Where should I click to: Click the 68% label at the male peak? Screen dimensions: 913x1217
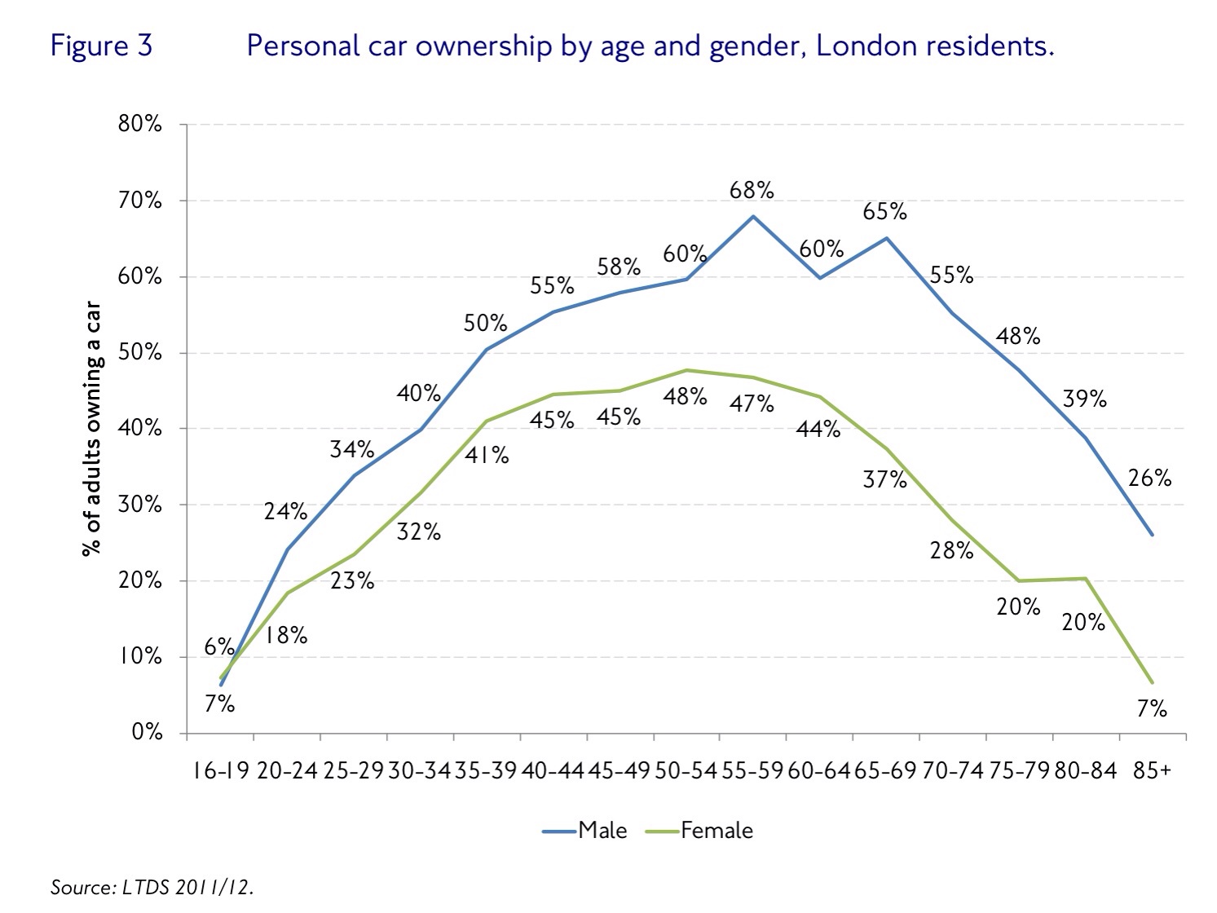(752, 191)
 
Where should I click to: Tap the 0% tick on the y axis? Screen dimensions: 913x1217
(150, 733)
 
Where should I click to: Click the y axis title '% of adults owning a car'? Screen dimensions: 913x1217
(92, 429)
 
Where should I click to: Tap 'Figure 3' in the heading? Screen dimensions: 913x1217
(101, 46)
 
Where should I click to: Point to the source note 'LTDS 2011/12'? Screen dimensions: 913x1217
(187, 887)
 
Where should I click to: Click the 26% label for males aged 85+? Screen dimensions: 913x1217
(1149, 479)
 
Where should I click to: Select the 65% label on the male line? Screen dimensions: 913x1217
(884, 212)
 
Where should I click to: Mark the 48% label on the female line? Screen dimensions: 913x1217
(685, 397)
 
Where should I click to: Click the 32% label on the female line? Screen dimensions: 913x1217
(419, 532)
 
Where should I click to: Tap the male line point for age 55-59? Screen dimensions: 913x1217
(752, 216)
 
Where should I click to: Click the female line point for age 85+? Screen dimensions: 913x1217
(1152, 682)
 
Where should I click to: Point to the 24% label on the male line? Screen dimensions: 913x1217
(285, 512)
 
